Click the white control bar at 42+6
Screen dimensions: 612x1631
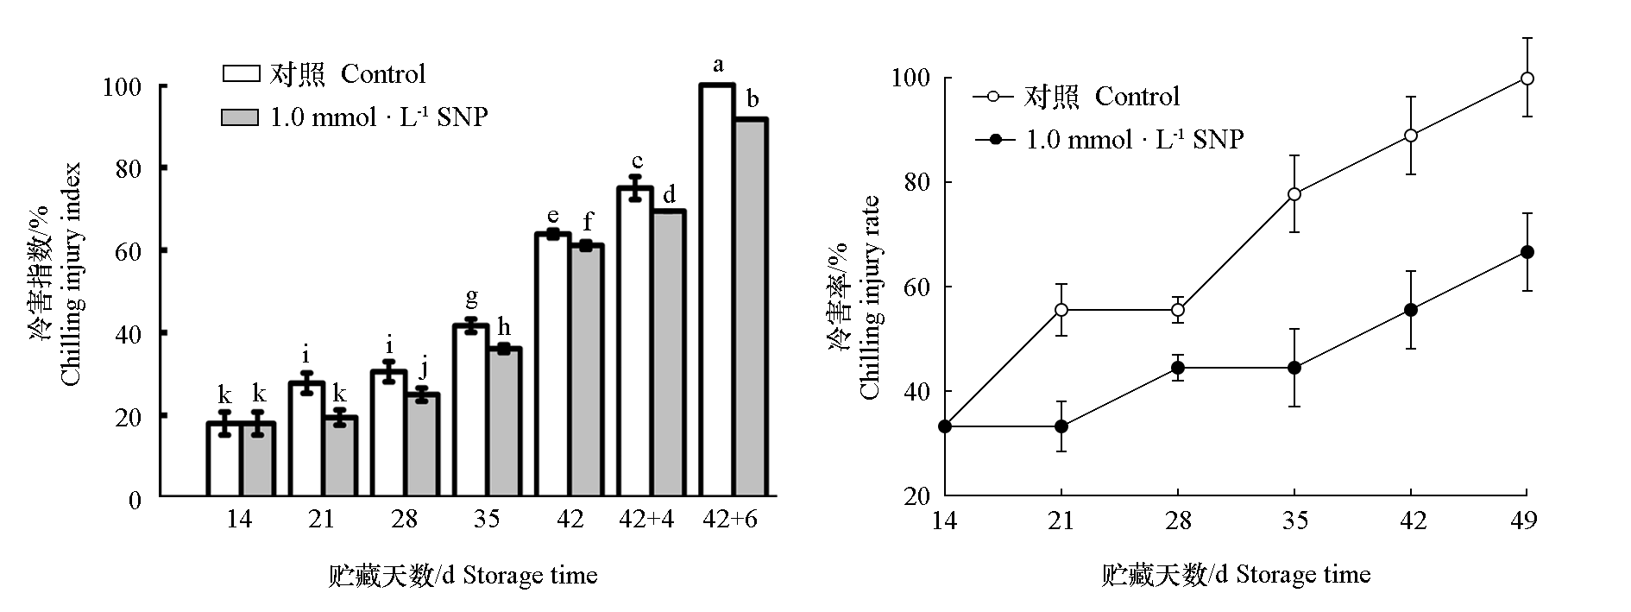coord(717,290)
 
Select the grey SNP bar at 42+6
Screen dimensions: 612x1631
coord(751,307)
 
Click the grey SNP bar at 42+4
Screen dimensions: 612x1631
coord(669,353)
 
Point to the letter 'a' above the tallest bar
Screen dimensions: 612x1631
coord(717,66)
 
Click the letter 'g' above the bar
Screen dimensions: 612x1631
coord(471,299)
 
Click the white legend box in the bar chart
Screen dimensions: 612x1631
coord(241,74)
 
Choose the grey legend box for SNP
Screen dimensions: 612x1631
coord(241,117)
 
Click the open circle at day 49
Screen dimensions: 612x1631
coord(1527,79)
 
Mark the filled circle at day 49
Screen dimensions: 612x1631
coord(1527,252)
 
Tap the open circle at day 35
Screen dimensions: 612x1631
coord(1294,194)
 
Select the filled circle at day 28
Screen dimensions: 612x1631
coord(1178,368)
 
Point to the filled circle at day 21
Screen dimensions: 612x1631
coord(1061,426)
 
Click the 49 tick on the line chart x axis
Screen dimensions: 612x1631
coord(1527,521)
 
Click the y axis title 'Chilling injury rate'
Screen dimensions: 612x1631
coord(870,298)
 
